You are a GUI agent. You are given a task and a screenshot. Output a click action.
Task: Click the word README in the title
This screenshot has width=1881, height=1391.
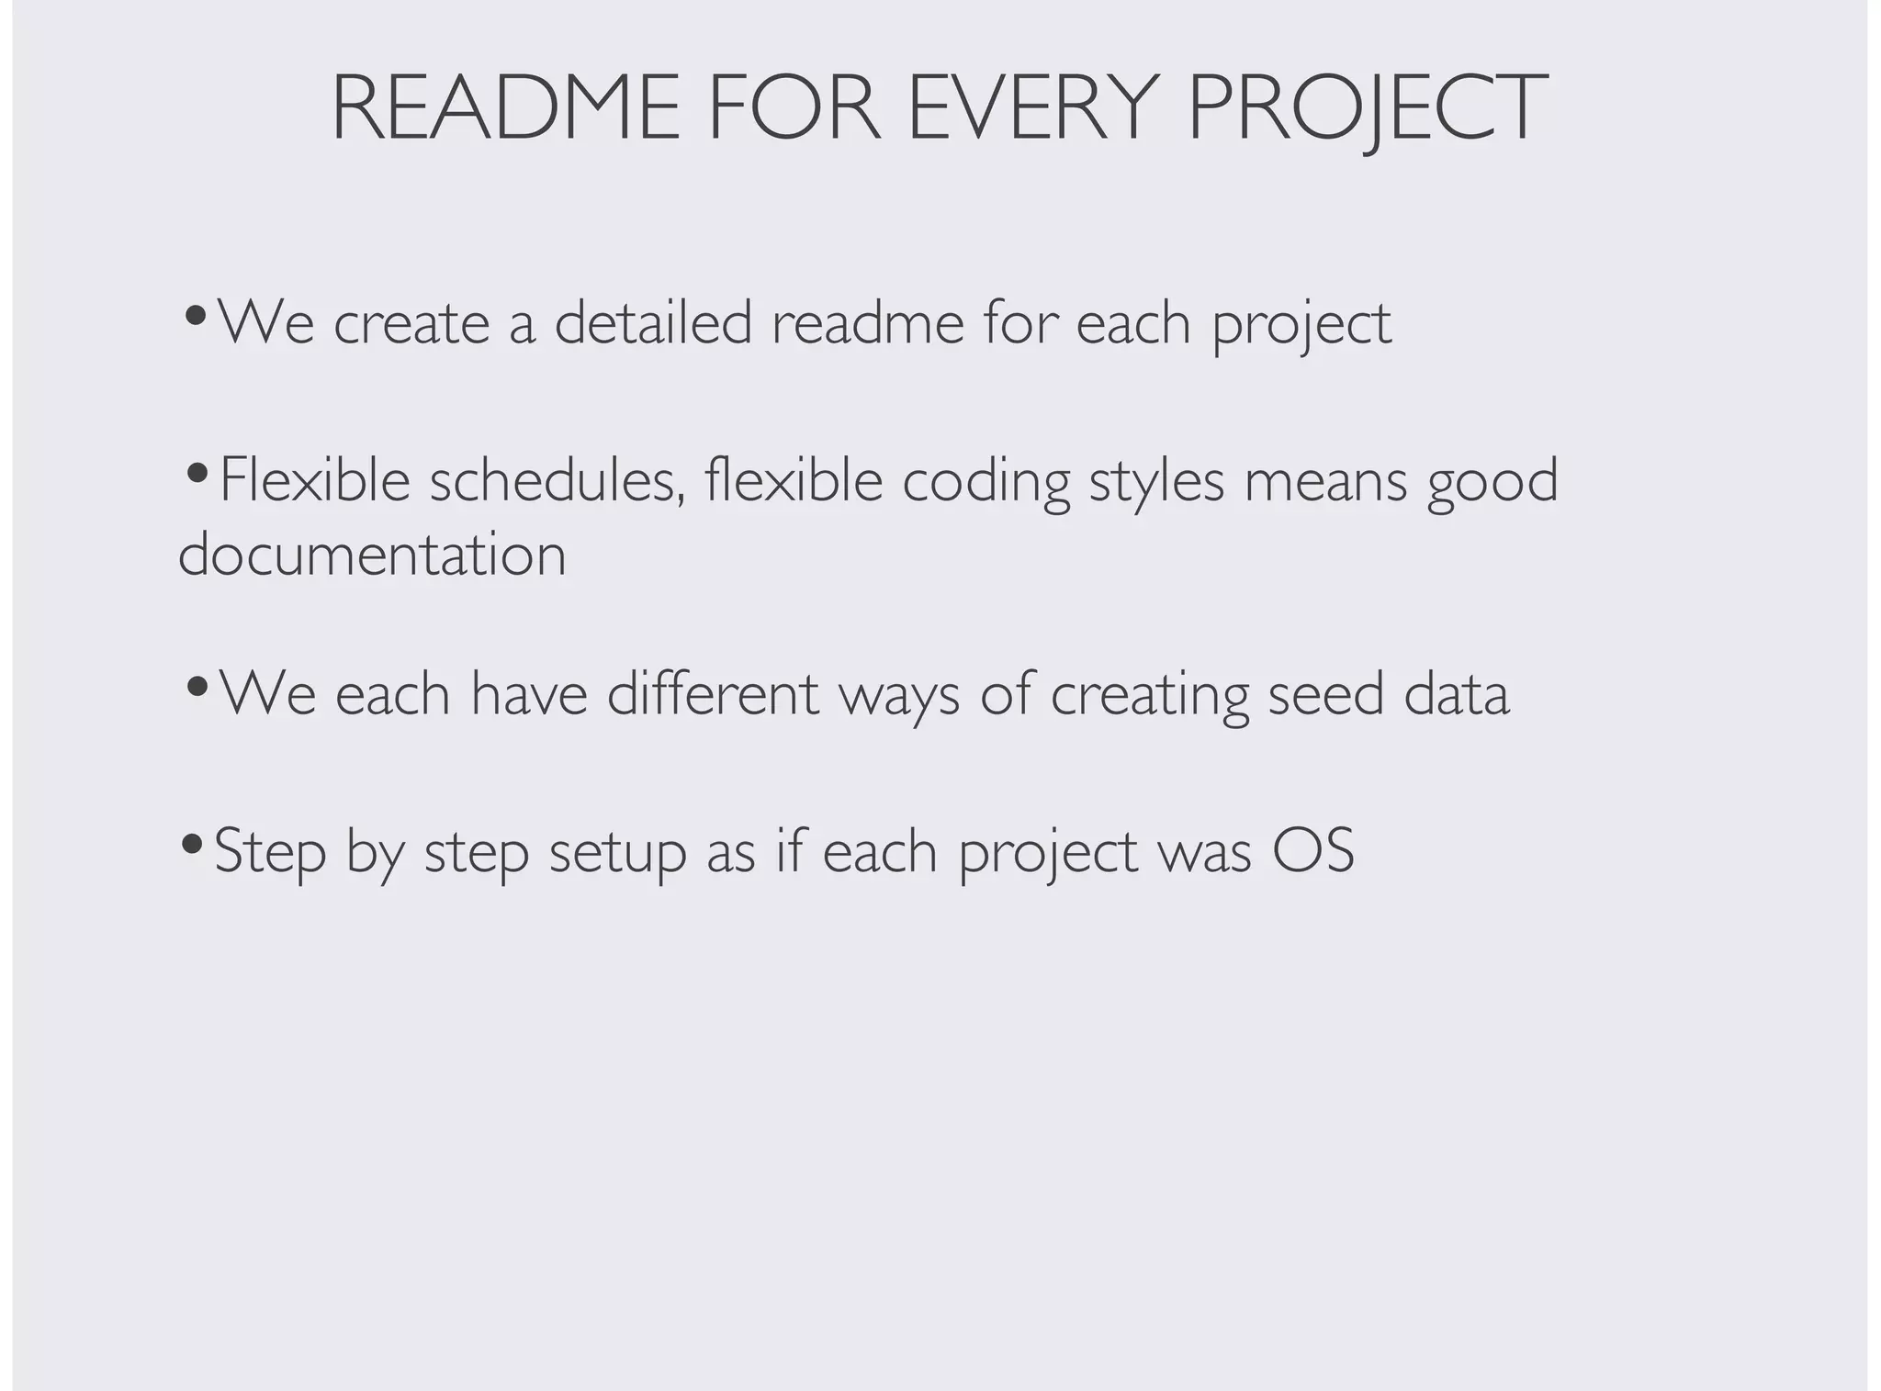[x=505, y=107]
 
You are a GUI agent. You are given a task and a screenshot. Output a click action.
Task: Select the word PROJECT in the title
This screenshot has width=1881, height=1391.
[x=1368, y=107]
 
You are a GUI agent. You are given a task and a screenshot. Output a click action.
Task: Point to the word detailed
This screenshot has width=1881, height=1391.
[x=653, y=323]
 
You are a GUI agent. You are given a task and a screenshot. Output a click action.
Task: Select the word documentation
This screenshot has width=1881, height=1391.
[x=372, y=555]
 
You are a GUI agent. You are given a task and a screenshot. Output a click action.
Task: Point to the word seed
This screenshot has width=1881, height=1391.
[x=1325, y=694]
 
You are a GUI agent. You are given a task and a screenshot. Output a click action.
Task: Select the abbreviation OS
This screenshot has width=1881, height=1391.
[x=1313, y=851]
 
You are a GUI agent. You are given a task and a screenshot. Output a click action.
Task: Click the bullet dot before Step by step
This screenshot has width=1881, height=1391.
[x=192, y=842]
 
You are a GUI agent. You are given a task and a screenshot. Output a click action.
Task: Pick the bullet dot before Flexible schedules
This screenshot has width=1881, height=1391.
[x=196, y=473]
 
